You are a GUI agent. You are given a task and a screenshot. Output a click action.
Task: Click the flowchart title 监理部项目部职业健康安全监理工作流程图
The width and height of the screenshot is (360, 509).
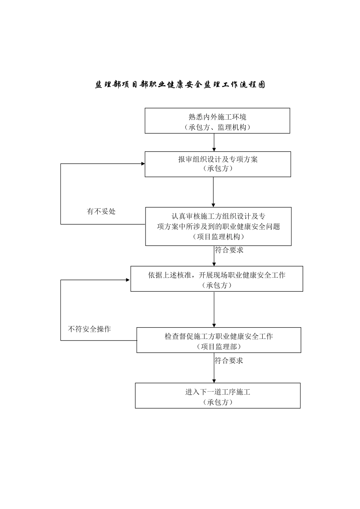point(180,84)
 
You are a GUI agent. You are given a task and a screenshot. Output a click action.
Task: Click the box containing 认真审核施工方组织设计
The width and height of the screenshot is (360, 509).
point(218,226)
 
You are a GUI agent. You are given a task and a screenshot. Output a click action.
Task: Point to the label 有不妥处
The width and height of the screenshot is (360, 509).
point(101,211)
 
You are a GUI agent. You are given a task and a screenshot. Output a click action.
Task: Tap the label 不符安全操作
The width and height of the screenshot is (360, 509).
point(89,329)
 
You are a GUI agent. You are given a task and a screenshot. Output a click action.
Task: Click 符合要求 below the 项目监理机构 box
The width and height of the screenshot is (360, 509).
point(229,250)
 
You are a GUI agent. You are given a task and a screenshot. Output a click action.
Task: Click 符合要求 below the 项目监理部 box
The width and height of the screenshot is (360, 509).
point(229,361)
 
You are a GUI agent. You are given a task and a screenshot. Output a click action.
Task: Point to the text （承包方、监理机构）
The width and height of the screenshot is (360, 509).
point(217,128)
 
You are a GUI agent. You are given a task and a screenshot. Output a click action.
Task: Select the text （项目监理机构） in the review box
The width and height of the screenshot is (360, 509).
point(218,237)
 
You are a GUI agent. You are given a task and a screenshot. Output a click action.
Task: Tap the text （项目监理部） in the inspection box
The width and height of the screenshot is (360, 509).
point(219,347)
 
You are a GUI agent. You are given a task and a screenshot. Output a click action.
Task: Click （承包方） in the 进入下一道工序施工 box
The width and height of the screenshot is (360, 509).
point(218,402)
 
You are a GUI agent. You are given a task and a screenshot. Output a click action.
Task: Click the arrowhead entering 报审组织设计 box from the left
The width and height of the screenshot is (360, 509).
point(143,164)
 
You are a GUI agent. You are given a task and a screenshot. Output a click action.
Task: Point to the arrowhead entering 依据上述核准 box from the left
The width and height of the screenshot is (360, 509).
point(128,280)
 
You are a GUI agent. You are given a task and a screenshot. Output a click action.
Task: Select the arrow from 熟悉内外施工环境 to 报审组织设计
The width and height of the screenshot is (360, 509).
point(214,142)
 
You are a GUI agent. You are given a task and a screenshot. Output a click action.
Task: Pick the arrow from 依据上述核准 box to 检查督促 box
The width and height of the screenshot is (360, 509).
point(214,309)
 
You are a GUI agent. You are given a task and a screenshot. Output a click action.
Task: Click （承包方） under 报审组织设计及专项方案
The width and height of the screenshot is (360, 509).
point(218,169)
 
